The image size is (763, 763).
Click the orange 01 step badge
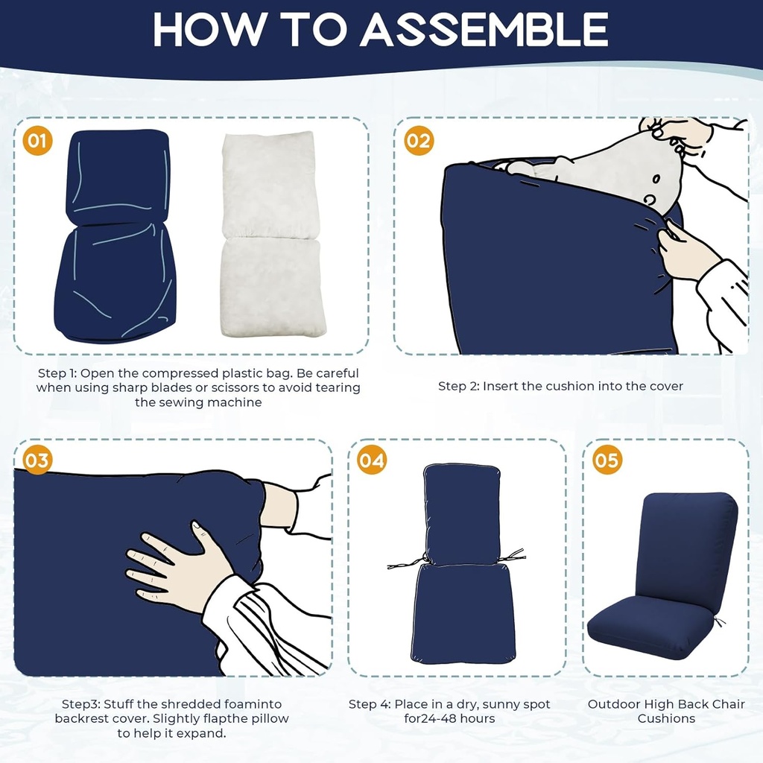(38, 140)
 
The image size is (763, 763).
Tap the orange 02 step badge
(419, 140)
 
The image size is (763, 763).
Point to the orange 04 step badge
(372, 460)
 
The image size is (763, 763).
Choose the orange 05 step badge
(607, 460)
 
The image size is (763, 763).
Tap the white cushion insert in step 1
(271, 235)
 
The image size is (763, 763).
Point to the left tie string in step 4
(407, 563)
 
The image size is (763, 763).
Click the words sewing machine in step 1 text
(211, 402)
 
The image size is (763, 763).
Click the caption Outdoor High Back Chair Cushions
(666, 711)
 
